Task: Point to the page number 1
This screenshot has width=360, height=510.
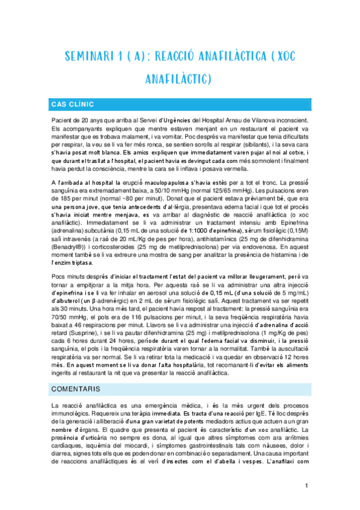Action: tap(307, 485)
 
